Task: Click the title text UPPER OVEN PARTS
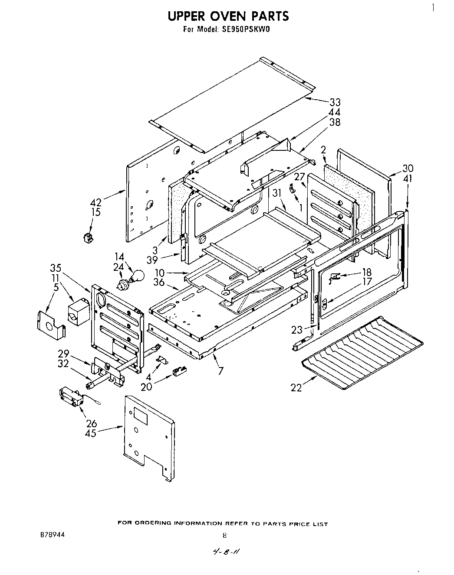click(x=228, y=16)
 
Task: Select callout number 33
click(x=335, y=103)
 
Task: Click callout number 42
click(x=95, y=202)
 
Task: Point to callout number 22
click(x=296, y=388)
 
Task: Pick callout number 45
click(x=91, y=433)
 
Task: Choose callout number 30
click(x=408, y=169)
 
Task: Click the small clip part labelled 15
click(x=89, y=237)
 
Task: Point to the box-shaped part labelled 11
click(x=78, y=311)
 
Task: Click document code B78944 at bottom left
click(x=52, y=535)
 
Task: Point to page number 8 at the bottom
click(x=224, y=535)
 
